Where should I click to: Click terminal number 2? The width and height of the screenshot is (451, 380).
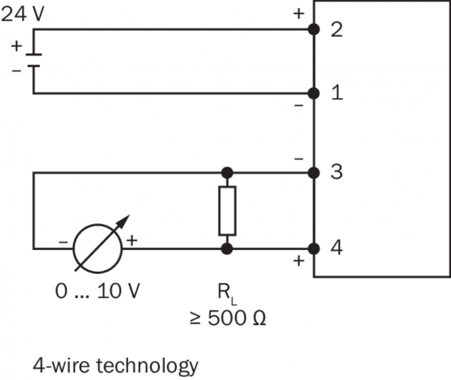coord(337,30)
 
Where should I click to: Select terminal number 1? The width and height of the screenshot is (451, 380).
coord(337,94)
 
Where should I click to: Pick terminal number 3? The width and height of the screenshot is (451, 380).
coord(337,172)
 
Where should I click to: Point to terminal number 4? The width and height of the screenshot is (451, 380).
coord(337,248)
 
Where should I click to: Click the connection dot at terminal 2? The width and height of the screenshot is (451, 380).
coord(313,30)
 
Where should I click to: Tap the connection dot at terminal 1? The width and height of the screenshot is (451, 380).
coord(313,94)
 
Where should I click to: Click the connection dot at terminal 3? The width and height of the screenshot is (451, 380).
coord(313,172)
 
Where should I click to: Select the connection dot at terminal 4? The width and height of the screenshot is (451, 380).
coord(313,248)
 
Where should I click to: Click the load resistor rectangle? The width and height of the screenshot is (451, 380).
coord(227,210)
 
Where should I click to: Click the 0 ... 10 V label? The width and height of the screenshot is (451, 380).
coord(98,292)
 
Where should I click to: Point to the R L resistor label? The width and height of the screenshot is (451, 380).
coord(226,293)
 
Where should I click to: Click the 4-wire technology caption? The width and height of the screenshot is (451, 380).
coord(115,365)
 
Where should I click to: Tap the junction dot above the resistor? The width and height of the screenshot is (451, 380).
coord(227,172)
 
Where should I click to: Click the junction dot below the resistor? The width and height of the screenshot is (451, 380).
coord(227,248)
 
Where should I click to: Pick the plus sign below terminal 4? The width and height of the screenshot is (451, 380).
coord(299,260)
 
